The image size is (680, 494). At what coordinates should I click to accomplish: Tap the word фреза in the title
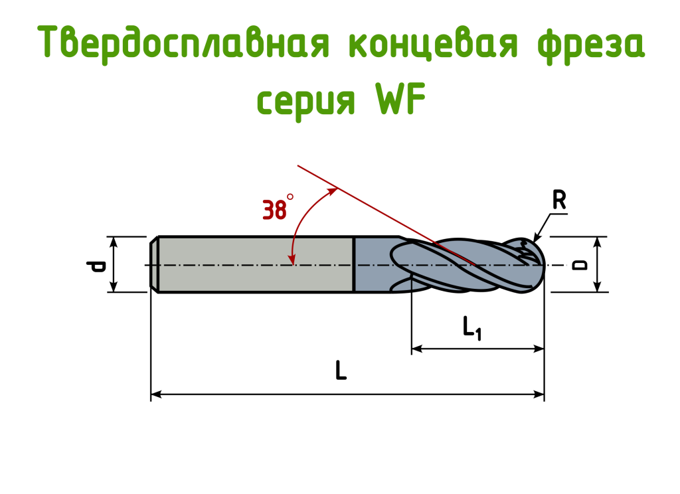tap(591, 43)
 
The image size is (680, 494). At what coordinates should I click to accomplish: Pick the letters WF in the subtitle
tap(400, 98)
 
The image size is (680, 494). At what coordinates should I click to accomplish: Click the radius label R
tap(559, 200)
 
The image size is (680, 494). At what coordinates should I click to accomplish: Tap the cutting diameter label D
tap(579, 264)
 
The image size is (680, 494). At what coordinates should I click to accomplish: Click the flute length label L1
tap(472, 328)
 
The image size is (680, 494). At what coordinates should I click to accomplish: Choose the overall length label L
tap(341, 370)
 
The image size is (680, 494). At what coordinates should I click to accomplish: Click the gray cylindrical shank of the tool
tap(256, 264)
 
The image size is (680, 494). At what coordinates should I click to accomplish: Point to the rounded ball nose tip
tap(535, 264)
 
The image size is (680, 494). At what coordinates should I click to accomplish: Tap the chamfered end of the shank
tap(153, 264)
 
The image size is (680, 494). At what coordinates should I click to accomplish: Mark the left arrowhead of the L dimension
tap(156, 394)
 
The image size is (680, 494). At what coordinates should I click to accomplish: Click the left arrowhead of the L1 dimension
tap(417, 349)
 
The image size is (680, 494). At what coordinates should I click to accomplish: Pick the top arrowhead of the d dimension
tap(114, 242)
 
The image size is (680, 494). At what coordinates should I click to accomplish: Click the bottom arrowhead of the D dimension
tap(597, 287)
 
